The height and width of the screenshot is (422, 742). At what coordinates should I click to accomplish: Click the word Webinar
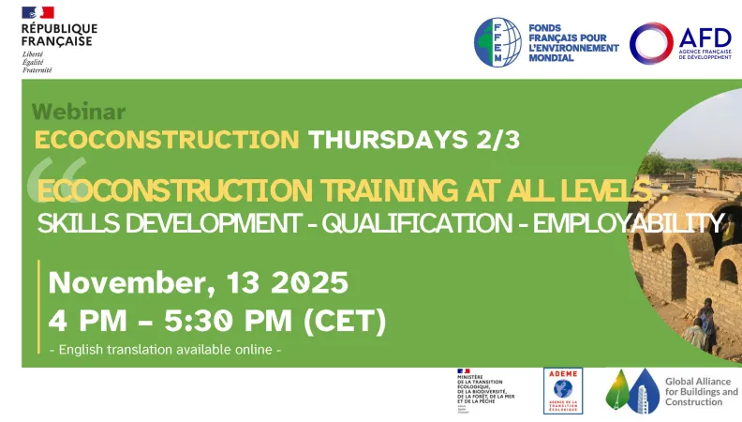79,112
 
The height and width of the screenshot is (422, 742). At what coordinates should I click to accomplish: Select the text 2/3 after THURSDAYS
496,140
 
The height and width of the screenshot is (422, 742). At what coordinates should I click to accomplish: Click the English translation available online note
165,350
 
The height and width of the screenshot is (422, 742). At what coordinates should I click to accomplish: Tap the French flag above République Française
38,12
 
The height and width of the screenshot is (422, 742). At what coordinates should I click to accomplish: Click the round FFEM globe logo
497,42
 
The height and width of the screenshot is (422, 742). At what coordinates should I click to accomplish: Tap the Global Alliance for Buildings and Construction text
701,391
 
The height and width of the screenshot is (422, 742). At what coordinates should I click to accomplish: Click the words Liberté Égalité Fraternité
38,63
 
